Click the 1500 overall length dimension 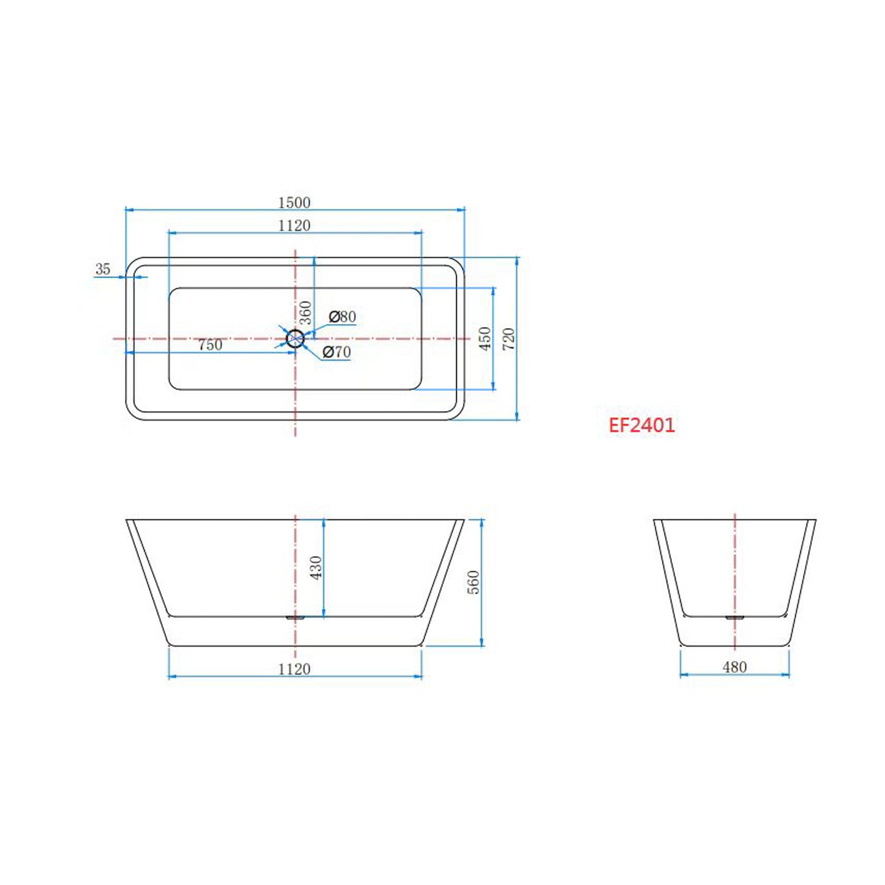tap(294, 202)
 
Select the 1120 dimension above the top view tap(294, 225)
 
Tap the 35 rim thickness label tap(103, 269)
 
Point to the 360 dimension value tap(305, 312)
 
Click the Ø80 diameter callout tap(342, 317)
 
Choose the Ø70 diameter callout tap(336, 352)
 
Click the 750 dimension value tap(210, 345)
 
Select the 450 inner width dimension tap(484, 338)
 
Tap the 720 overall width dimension tap(508, 339)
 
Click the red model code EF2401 tap(641, 425)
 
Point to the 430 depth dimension tap(315, 568)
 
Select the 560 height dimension tap(473, 582)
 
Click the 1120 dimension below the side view tap(294, 669)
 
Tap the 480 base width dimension tap(734, 667)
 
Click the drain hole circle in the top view tap(295, 338)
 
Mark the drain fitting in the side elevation tap(295, 617)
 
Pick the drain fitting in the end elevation tap(734, 617)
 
